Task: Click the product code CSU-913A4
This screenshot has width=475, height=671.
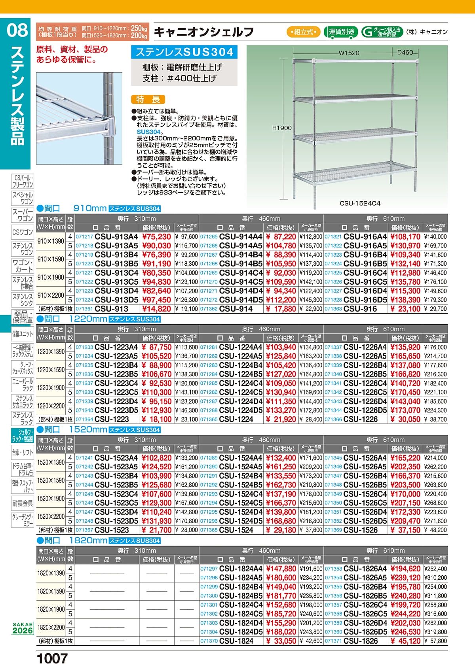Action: coord(116,237)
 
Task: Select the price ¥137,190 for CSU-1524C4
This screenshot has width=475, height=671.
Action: coord(281,494)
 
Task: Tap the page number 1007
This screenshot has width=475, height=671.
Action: coord(52,659)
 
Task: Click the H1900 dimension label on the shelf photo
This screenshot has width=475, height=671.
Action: coord(282,128)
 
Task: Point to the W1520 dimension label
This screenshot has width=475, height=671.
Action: coord(349,52)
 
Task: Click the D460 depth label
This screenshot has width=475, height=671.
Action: coord(405,52)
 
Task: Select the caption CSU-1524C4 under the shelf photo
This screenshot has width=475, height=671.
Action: coord(360,204)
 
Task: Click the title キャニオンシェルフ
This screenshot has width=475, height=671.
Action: coord(203,32)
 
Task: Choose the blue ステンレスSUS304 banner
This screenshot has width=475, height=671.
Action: coord(184,52)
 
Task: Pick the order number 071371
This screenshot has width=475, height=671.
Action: coord(333,641)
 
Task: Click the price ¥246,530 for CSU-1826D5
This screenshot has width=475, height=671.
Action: coord(405,632)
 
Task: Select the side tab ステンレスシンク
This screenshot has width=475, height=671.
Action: coord(23,299)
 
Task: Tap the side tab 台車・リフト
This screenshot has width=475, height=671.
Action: coord(23,452)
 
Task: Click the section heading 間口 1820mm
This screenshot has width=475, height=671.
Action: coord(72,541)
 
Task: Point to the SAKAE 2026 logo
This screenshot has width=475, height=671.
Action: coord(23,628)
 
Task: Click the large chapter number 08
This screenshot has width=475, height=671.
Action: coord(18,30)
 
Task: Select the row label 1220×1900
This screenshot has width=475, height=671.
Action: coord(51,388)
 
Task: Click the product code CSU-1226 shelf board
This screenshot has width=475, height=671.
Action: coord(361,420)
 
